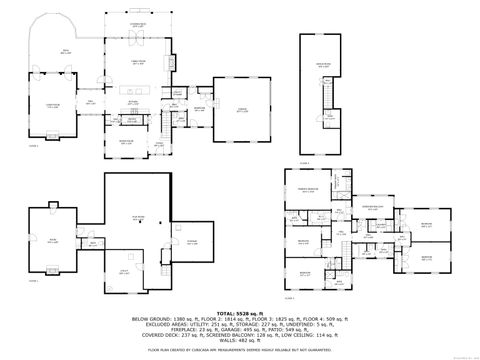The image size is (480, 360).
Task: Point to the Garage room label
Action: click(242, 110)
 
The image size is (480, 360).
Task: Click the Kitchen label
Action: click(132, 101)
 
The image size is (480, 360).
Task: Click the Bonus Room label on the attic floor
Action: click(323, 65)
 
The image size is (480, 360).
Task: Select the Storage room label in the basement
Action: click(192, 240)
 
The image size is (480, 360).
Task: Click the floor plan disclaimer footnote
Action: click(239, 350)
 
